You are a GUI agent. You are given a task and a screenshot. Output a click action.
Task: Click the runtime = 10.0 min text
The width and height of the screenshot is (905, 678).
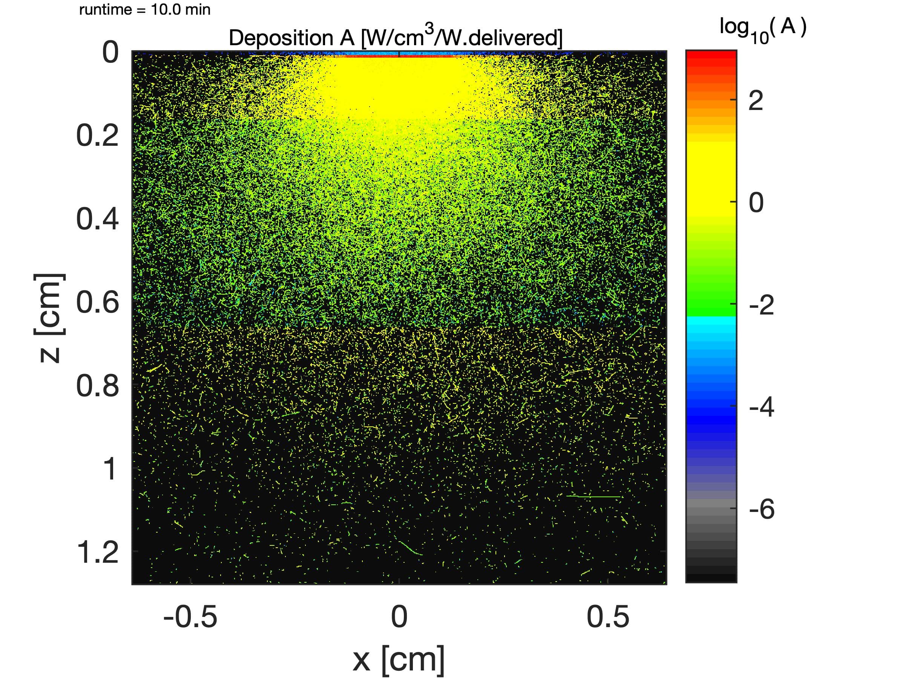pos(144,9)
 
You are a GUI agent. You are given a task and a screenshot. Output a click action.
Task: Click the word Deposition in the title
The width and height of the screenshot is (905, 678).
pos(281,38)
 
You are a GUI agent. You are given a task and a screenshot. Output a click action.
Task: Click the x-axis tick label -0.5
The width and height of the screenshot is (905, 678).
pos(190,617)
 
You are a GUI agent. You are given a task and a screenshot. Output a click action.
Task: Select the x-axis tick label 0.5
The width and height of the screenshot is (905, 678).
pos(608,617)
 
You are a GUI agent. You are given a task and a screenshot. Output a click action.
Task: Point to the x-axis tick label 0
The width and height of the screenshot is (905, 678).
pos(399,617)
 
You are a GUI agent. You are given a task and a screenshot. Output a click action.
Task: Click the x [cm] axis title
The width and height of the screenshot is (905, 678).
pos(399,659)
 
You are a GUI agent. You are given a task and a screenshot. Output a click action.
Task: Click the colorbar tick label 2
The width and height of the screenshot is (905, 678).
pos(756,100)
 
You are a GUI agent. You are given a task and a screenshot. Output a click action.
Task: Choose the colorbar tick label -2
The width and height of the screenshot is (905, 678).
pos(761,305)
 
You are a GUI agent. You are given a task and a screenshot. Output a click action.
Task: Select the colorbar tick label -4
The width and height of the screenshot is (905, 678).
pos(761,407)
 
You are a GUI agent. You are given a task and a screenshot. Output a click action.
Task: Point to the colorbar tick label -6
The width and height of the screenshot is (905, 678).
pos(761,509)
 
